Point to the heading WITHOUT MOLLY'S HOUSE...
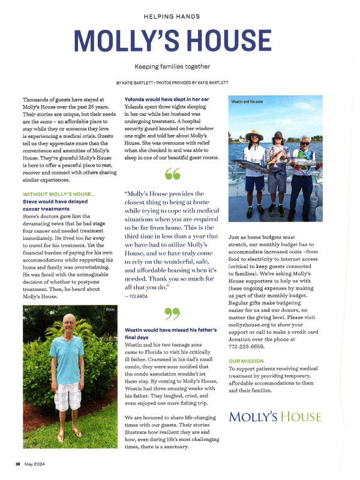tap(59, 194)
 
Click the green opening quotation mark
tap(172, 174)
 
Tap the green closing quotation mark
tap(172, 312)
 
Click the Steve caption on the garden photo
tap(110, 309)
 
